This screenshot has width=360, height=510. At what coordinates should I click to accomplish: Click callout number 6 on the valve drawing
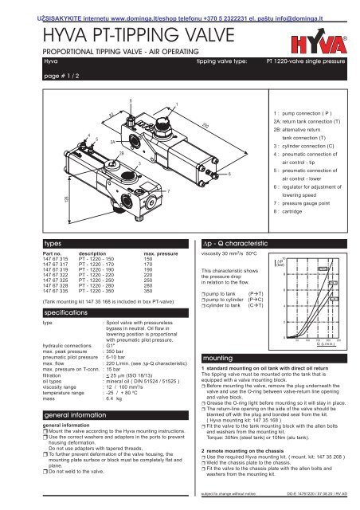tap(229, 173)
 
